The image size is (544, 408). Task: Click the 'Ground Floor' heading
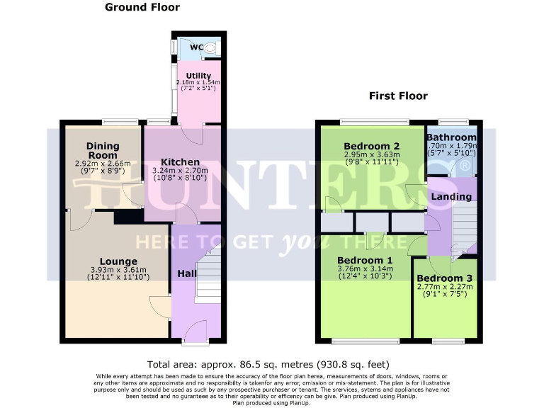(142, 8)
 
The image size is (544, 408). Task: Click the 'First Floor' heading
(398, 96)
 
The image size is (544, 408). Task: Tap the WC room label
(197, 47)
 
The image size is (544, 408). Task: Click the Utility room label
(198, 75)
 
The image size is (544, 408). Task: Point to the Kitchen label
(180, 162)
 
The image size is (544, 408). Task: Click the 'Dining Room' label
(103, 151)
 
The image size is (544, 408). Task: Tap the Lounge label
(118, 261)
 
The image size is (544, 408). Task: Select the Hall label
(186, 273)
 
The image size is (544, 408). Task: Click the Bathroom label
(451, 137)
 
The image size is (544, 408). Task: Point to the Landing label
(451, 196)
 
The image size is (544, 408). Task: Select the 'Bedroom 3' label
(444, 278)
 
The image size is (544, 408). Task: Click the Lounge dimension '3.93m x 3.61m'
(118, 269)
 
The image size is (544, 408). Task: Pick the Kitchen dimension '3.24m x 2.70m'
(180, 171)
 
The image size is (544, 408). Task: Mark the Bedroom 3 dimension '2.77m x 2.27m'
(444, 286)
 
